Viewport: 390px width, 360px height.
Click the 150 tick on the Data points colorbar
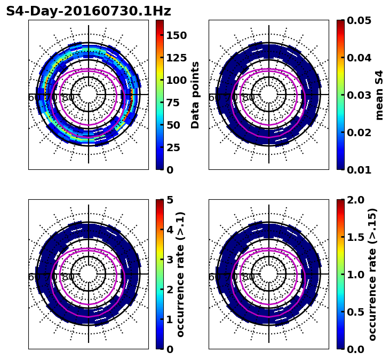(176, 35)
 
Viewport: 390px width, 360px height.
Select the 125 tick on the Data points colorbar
(176, 58)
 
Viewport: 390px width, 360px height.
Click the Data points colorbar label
(195, 95)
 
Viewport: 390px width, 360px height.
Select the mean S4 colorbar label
(379, 95)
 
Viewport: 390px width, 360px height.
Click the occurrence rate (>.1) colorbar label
(180, 274)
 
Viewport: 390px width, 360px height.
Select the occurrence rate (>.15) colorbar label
(372, 274)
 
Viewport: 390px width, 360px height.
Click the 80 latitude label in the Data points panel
(68, 98)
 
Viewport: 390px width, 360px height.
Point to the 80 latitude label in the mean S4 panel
(249, 98)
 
